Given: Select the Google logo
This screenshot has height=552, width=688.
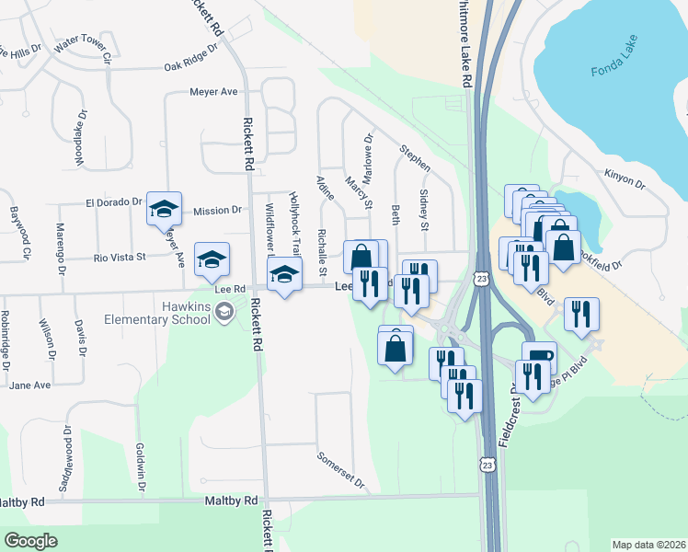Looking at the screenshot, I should click(30, 541).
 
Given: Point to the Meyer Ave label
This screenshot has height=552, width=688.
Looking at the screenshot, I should click(213, 92).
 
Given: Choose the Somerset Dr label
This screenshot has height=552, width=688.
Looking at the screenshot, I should click(340, 470).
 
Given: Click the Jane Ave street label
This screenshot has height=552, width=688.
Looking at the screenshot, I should click(29, 385).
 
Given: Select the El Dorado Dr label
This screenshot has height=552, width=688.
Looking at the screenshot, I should click(114, 201).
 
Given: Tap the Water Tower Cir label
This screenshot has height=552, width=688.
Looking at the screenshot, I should click(82, 51).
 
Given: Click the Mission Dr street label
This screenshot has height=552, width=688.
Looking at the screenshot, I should click(217, 211).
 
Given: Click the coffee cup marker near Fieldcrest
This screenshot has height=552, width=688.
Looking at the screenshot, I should click(539, 357).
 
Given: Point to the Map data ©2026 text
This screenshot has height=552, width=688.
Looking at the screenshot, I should click(648, 544).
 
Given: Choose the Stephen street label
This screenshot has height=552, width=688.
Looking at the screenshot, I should click(415, 157).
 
